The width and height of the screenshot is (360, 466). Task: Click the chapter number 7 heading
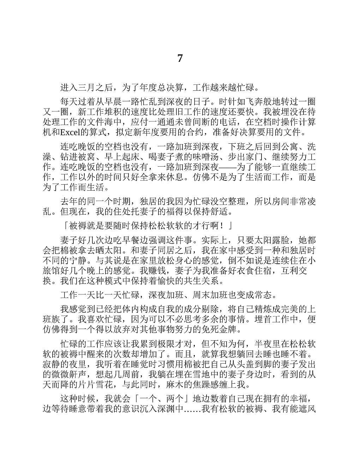[180, 58]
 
